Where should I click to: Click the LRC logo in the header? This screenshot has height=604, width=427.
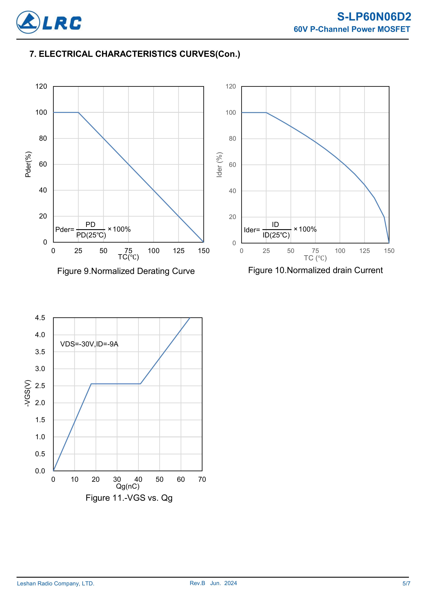pyautogui.click(x=49, y=22)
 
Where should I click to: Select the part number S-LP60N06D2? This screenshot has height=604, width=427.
pyautogui.click(x=374, y=17)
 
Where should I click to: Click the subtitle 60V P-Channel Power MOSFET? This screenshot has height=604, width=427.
pyautogui.click(x=352, y=29)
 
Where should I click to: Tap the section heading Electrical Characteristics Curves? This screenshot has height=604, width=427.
pyautogui.click(x=135, y=54)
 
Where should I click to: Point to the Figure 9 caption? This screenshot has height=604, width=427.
pyautogui.click(x=126, y=271)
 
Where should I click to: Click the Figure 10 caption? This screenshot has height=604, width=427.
pyautogui.click(x=315, y=270)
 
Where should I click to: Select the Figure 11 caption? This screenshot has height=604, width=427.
pyautogui.click(x=129, y=498)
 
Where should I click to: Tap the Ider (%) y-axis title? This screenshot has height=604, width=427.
pyautogui.click(x=219, y=165)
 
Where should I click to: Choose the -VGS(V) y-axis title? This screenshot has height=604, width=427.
pyautogui.click(x=28, y=393)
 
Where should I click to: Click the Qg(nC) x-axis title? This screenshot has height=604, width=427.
pyautogui.click(x=128, y=486)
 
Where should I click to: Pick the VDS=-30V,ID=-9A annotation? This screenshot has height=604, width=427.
pyautogui.click(x=89, y=344)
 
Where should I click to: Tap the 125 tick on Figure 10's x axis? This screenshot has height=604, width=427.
pyautogui.click(x=364, y=251)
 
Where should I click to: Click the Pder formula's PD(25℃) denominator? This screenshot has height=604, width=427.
pyautogui.click(x=91, y=235)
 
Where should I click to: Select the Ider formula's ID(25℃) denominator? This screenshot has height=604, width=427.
pyautogui.click(x=276, y=235)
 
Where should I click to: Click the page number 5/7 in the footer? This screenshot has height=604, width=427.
pyautogui.click(x=406, y=584)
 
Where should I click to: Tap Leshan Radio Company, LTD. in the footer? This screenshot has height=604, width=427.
pyautogui.click(x=55, y=584)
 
